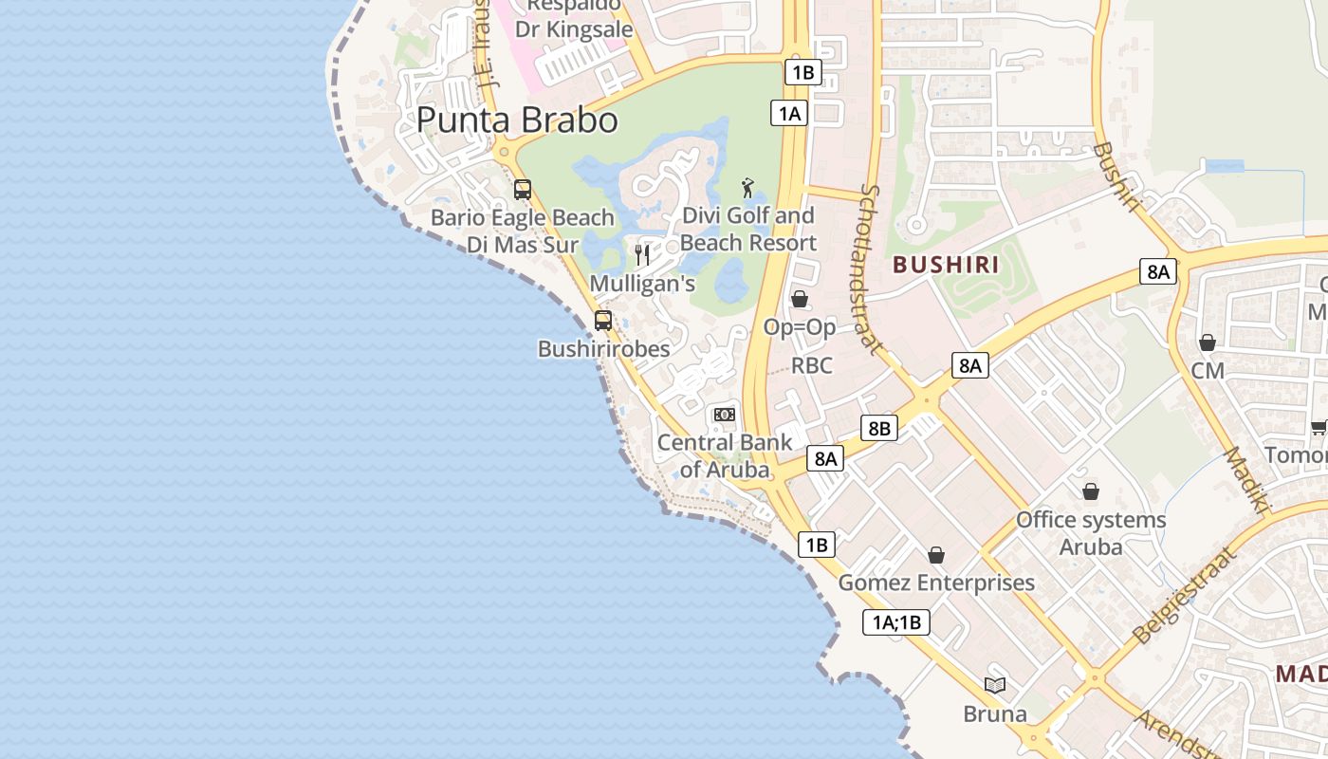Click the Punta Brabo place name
517,120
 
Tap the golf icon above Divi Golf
747,187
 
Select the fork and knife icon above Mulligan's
642,254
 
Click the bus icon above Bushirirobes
603,321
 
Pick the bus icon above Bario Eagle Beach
523,189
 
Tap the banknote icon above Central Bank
725,415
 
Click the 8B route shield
879,428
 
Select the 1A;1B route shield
896,622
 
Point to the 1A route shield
788,114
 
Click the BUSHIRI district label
947,265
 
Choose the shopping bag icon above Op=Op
800,299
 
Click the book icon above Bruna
995,685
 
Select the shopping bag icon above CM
1208,342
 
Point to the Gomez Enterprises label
936,582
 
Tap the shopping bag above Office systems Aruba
1091,491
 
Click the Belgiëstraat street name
1186,595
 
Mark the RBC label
812,366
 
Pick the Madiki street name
1248,480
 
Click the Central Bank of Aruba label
725,455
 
